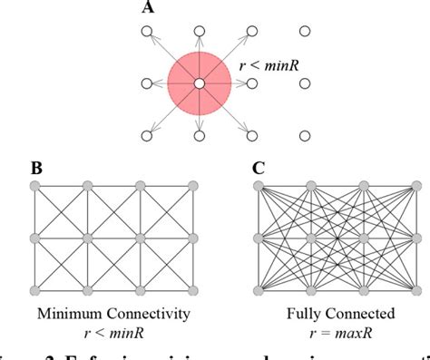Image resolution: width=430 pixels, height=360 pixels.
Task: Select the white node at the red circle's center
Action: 198,84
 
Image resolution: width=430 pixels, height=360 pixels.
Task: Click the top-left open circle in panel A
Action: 145,33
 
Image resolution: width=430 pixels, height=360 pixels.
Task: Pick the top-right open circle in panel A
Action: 306,33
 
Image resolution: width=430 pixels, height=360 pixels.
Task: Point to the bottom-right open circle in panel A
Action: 306,137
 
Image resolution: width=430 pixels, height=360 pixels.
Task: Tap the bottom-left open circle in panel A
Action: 145,137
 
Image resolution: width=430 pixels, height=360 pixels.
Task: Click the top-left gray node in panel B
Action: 35,186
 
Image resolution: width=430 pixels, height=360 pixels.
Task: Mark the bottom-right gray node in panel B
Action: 195,290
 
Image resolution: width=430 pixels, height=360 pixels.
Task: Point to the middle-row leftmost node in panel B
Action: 35,238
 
